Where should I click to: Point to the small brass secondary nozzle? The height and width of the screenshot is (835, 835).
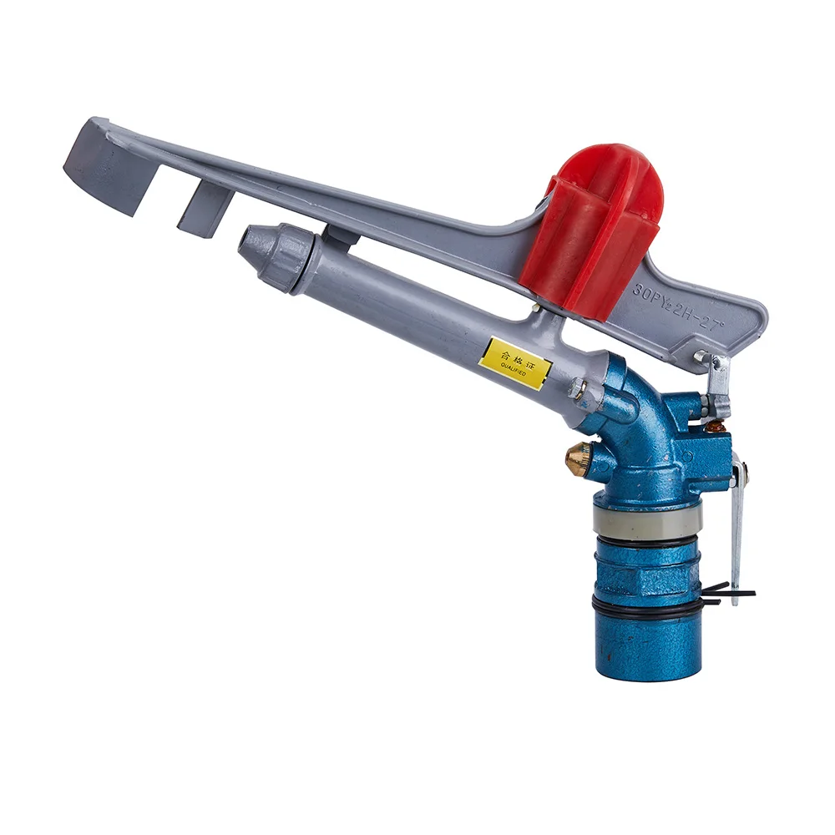coord(577,458)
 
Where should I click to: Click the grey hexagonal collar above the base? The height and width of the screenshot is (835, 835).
coord(647,520)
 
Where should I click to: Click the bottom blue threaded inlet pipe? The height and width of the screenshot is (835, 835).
coord(647,647)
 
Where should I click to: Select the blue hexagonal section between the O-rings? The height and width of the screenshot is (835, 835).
coord(647,572)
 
